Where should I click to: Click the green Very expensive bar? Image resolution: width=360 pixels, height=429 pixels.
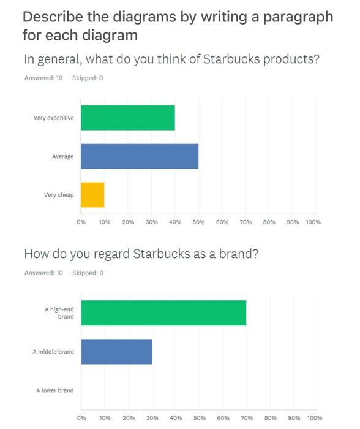(x=128, y=118)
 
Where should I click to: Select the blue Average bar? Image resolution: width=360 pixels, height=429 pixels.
(x=140, y=156)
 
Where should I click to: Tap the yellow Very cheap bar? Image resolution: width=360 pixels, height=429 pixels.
(x=92, y=195)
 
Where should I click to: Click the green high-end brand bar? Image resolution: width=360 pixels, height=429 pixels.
(x=163, y=313)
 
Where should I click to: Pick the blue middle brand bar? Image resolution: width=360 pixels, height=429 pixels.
(x=116, y=352)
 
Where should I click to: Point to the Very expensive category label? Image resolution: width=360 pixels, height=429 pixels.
(x=53, y=118)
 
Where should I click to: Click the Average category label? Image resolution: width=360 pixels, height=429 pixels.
(x=62, y=156)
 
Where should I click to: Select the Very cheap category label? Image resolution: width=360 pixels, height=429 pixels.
(x=59, y=195)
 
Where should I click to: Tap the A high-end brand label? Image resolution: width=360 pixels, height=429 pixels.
(x=59, y=313)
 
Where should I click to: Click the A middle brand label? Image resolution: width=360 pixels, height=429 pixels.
(x=53, y=352)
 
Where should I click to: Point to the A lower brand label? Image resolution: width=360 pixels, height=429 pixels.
(x=54, y=390)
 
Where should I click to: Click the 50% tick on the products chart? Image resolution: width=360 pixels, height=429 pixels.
(x=198, y=222)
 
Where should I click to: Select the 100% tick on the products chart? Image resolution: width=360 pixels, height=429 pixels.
(x=313, y=222)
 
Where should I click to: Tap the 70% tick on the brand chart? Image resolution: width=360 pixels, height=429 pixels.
(x=247, y=417)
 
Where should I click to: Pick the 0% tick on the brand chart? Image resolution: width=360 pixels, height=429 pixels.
(x=82, y=417)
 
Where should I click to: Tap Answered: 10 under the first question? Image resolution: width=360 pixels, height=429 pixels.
(x=43, y=78)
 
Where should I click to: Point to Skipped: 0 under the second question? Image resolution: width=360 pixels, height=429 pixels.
(x=88, y=273)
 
